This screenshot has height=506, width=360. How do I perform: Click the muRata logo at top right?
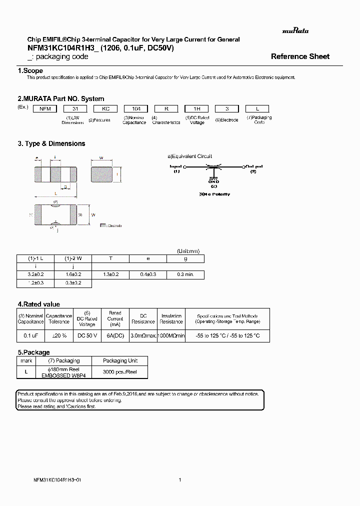pyautogui.click(x=295, y=31)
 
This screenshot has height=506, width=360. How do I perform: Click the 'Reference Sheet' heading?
pyautogui.click(x=300, y=56)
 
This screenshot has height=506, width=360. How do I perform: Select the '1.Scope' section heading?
pyautogui.click(x=30, y=71)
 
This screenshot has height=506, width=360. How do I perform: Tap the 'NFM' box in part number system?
pyautogui.click(x=44, y=108)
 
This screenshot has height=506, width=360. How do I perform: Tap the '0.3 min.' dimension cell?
pyautogui.click(x=185, y=274)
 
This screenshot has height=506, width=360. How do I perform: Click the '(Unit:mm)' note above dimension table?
pyautogui.click(x=188, y=251)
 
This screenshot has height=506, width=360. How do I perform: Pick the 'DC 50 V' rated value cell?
pyautogui.click(x=87, y=335)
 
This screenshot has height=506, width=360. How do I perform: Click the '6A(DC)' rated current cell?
pyautogui.click(x=115, y=335)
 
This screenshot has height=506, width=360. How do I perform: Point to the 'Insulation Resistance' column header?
pyautogui.click(x=171, y=319)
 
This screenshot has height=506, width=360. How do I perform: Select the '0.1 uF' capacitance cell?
pyautogui.click(x=31, y=335)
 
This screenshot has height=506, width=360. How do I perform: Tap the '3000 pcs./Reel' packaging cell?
pyautogui.click(x=120, y=372)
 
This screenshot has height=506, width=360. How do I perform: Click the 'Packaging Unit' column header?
pyautogui.click(x=120, y=360)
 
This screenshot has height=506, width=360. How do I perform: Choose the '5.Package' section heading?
pyautogui.click(x=33, y=352)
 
